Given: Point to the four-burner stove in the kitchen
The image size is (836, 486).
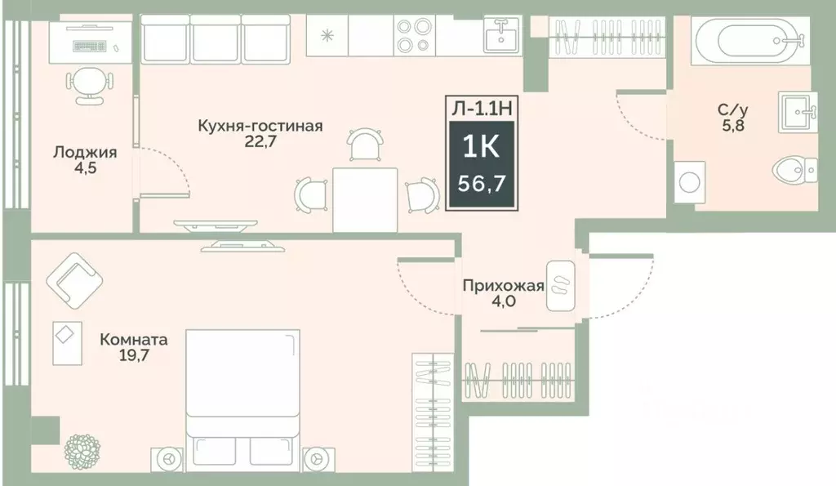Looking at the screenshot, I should (x=413, y=35).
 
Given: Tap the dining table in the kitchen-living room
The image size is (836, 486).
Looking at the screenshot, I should (x=365, y=198).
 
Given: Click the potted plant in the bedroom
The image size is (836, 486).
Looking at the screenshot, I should (x=82, y=451).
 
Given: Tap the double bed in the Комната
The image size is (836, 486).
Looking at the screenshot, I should (x=242, y=392).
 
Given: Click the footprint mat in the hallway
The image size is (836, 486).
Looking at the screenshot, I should (x=561, y=285).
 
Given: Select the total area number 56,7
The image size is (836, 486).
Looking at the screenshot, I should (x=481, y=182).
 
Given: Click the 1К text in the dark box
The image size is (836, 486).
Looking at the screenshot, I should (x=481, y=147).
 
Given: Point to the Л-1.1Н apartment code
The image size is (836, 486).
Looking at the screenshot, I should (x=481, y=107).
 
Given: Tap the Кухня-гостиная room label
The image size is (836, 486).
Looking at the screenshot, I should (x=260, y=126).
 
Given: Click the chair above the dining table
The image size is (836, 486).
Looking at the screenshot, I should (x=365, y=145).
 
